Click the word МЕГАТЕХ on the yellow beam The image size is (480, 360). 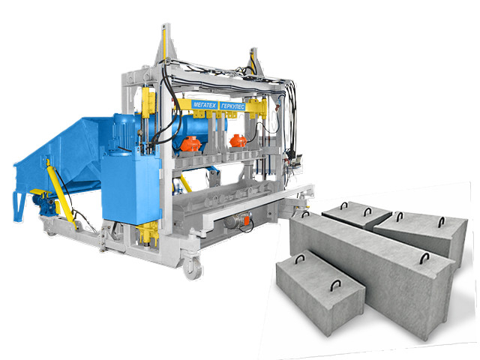point(205,105)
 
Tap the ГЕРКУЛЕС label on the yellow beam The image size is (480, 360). point(232,106)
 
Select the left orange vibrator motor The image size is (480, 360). point(190,143)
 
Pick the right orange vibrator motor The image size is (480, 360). point(238,141)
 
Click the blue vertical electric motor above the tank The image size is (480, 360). point(124,132)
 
